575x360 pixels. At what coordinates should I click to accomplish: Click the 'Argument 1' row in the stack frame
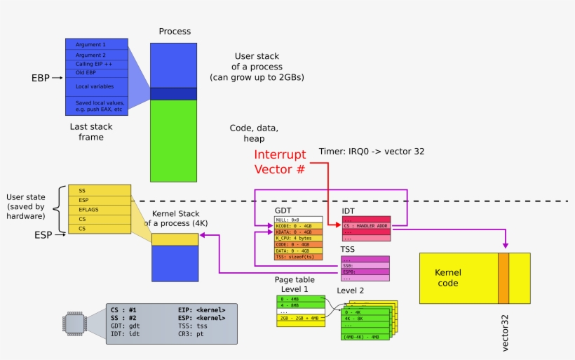(x=97, y=44)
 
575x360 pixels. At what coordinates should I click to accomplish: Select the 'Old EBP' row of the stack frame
(x=97, y=72)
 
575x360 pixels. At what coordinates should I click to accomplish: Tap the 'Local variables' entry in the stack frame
(x=97, y=86)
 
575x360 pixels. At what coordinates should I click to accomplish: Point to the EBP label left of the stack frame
(x=41, y=78)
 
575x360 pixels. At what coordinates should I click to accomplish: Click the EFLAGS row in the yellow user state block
(x=99, y=209)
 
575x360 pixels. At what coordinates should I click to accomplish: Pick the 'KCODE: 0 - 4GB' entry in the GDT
(x=298, y=225)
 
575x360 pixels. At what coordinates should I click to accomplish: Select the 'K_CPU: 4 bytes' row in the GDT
(x=298, y=238)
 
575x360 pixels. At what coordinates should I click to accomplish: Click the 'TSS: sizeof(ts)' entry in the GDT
(x=298, y=257)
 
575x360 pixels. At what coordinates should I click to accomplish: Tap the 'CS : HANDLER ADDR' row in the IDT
(x=365, y=225)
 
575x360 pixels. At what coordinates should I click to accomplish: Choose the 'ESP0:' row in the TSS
(x=365, y=272)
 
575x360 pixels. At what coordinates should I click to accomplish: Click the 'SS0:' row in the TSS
(x=365, y=265)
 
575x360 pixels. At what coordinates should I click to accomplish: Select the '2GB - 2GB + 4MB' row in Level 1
(x=300, y=318)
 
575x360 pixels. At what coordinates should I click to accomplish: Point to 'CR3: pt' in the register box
(x=193, y=334)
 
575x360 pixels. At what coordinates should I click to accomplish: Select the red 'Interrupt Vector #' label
(x=280, y=161)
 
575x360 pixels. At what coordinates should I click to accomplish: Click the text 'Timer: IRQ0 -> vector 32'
(x=372, y=151)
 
